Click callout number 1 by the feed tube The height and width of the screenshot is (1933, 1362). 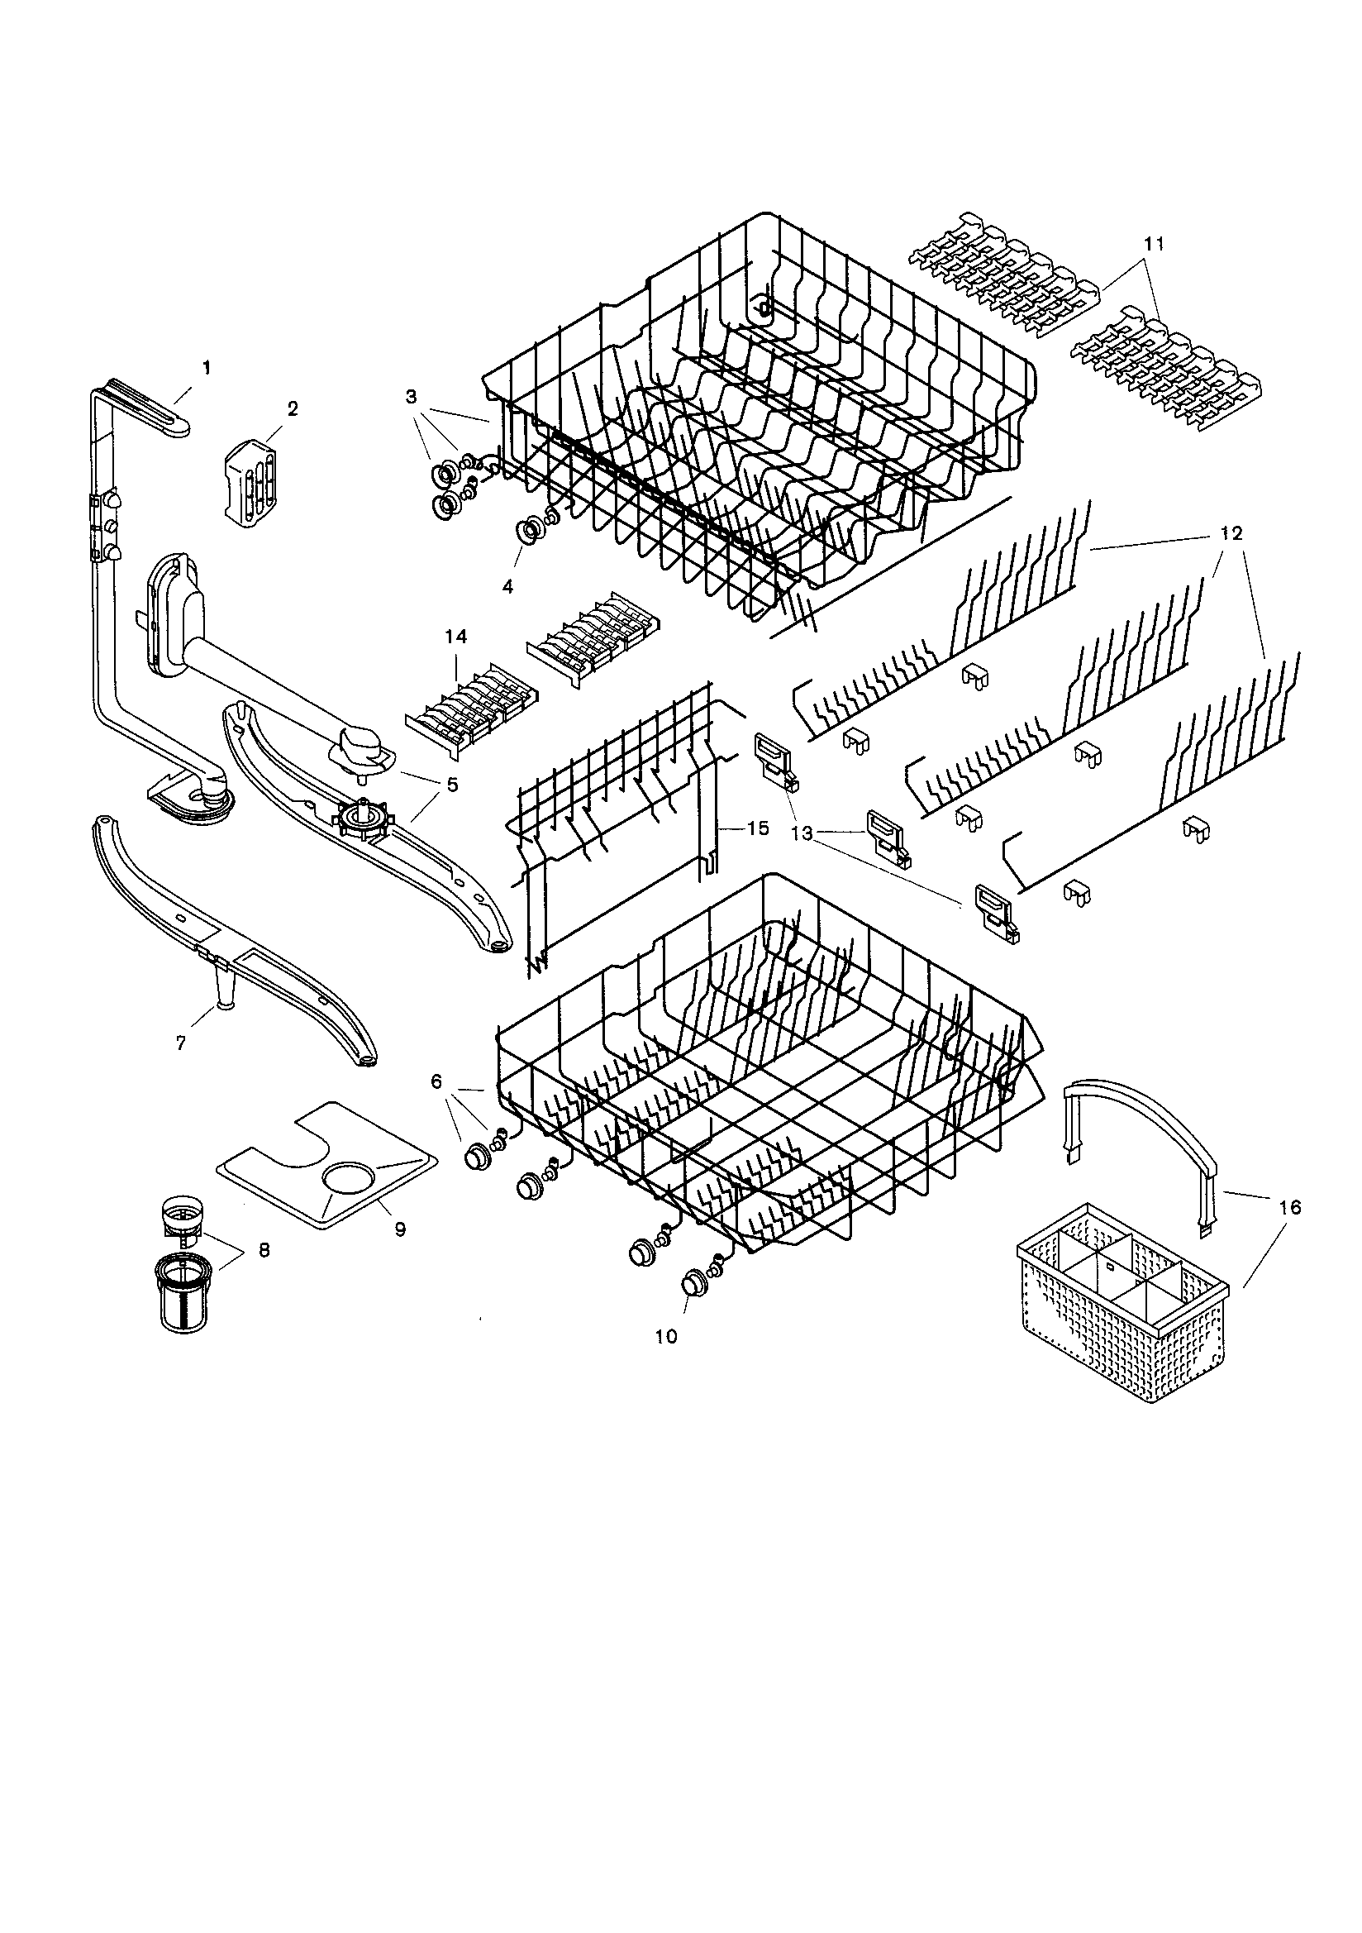click(207, 368)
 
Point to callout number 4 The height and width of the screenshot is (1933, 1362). click(507, 587)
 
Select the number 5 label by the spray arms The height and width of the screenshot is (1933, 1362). click(452, 785)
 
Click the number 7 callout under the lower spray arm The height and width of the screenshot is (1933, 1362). click(180, 1043)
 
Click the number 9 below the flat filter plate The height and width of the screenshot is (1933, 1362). click(400, 1229)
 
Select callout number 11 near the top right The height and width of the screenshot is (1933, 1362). click(1154, 243)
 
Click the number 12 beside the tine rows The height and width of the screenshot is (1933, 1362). click(1230, 534)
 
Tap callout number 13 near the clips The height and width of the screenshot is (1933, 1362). click(802, 833)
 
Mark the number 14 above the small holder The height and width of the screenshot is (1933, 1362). click(456, 637)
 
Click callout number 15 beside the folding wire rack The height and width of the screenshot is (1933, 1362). click(758, 828)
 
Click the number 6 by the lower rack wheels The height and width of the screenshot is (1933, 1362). click(436, 1082)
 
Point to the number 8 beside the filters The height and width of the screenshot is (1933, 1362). click(264, 1251)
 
